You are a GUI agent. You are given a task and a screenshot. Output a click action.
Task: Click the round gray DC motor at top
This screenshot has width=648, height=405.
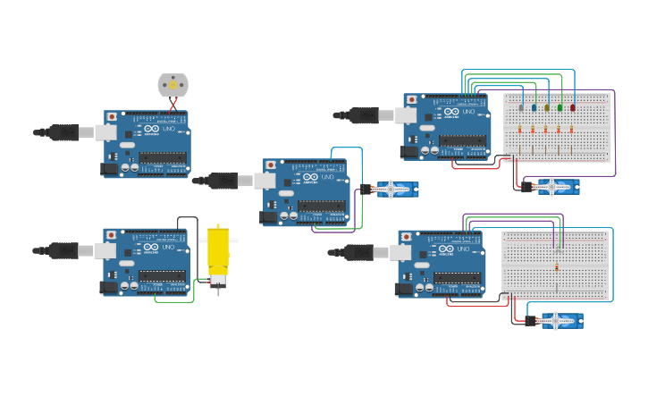173,85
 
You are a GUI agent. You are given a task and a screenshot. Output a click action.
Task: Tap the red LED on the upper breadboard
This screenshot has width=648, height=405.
573,107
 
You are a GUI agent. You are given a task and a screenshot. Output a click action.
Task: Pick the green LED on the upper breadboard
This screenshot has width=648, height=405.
560,107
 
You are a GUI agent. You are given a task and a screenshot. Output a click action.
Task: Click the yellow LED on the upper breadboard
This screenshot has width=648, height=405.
547,107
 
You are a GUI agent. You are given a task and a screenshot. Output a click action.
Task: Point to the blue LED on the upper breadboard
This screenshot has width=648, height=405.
534,107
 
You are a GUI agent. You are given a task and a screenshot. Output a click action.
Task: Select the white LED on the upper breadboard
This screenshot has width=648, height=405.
521,107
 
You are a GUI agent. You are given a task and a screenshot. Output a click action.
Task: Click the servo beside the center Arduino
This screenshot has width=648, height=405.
394,189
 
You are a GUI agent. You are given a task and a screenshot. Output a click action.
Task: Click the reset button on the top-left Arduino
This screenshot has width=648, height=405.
111,117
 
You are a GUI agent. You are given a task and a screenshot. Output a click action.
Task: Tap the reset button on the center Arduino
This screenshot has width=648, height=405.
270,165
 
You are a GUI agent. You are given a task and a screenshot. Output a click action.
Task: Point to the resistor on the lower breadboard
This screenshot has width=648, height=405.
557,266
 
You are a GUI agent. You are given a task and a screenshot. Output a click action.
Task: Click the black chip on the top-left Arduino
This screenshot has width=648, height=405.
163,158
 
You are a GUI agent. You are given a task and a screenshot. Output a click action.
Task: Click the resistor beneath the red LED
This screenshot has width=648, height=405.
572,130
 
